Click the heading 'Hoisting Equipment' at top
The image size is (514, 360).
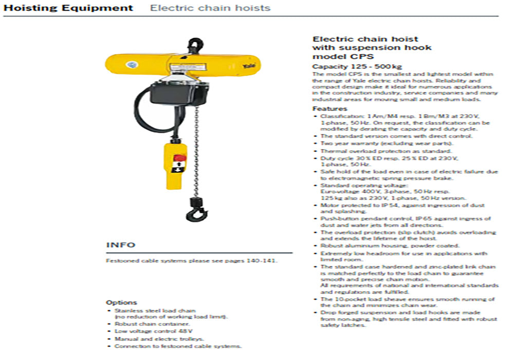coord(68,8)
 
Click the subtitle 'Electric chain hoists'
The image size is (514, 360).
coord(210,8)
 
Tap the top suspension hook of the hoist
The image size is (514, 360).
coord(195,45)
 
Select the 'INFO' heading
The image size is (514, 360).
coord(121,245)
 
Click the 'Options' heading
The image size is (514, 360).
coord(121,302)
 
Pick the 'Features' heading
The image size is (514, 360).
coord(329,109)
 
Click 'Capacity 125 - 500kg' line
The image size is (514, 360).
coord(350,67)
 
